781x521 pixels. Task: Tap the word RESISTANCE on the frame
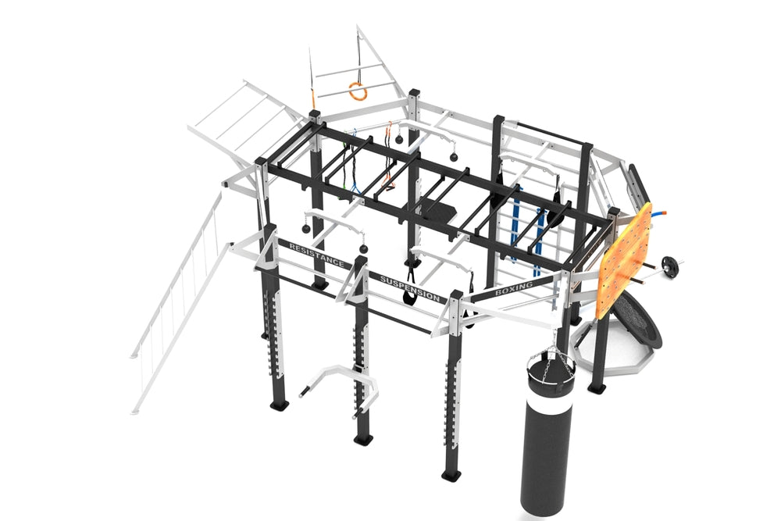click(316, 255)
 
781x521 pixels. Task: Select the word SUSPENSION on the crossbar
click(410, 288)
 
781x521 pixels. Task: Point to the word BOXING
click(514, 288)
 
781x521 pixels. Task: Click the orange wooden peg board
click(626, 262)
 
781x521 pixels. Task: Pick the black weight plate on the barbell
click(668, 263)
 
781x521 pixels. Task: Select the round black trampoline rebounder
click(635, 319)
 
